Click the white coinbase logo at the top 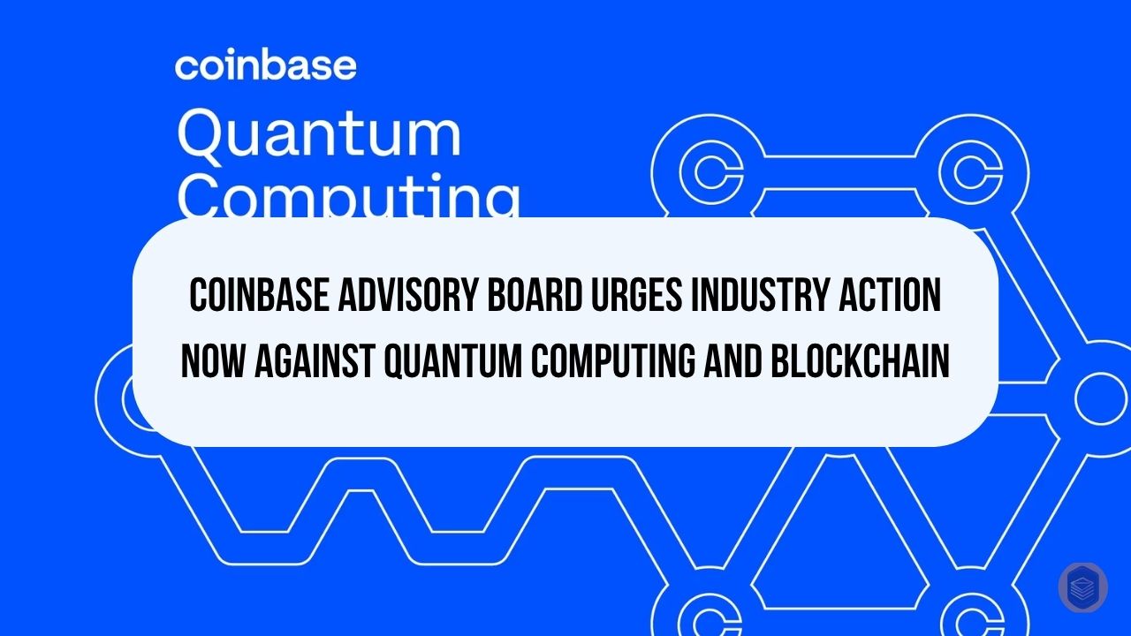click(x=266, y=66)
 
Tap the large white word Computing click(x=348, y=199)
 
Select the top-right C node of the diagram click(x=983, y=170)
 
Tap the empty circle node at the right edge click(x=1100, y=398)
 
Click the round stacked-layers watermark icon click(x=1082, y=587)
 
